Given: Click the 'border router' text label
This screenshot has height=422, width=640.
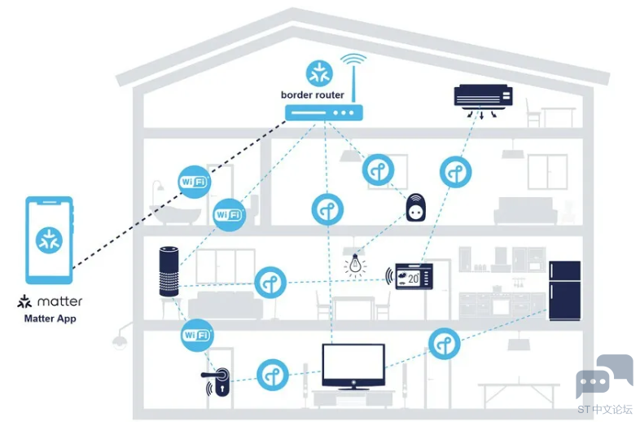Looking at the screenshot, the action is coord(312,95).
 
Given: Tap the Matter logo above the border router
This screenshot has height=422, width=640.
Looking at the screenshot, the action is coord(319,73).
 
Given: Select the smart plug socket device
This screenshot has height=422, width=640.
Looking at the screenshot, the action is coord(416,207).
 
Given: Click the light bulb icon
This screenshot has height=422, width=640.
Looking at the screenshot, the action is coord(355,265).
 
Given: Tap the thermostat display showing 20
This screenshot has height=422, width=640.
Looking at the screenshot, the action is coord(414,276).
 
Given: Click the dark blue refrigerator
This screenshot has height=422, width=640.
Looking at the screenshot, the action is coord(564,291).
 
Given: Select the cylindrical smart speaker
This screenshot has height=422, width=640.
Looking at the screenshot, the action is coord(169,271).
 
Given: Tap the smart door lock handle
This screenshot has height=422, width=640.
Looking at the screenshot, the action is coord(217,380).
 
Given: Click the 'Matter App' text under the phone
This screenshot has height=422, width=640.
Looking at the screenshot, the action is coord(50,319).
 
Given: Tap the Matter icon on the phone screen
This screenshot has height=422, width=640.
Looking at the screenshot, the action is coord(49,240).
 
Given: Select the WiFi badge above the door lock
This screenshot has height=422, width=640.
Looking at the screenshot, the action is coord(197,336).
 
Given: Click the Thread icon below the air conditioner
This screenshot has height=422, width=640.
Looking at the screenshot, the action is coord(455,172).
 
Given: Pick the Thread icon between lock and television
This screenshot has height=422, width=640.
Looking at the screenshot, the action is coord(273,375).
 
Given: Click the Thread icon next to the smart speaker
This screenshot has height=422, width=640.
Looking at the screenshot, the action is coord(270,283).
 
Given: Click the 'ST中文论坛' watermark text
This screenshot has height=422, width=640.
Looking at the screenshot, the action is coord(605,409).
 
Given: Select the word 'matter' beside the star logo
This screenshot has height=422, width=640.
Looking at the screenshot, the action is coord(59,301).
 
